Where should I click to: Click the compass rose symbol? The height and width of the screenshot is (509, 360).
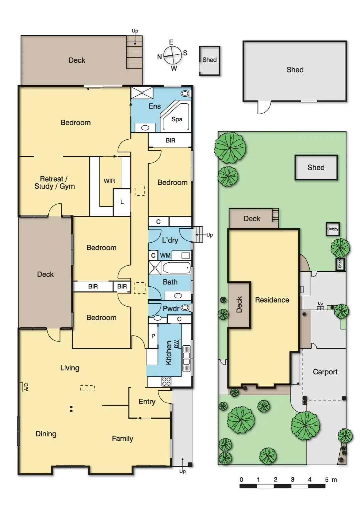click(x=172, y=55)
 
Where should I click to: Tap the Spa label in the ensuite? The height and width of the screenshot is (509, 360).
click(x=177, y=119)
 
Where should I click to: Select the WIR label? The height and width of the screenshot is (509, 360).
click(x=109, y=181)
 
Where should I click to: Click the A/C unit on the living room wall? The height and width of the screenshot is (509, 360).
click(x=22, y=387)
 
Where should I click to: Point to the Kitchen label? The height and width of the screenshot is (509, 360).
click(x=168, y=353)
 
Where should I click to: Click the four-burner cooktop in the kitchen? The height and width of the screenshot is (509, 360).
click(x=166, y=382)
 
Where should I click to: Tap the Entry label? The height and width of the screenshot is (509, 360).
click(x=147, y=402)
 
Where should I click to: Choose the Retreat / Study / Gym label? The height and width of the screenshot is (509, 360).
click(x=54, y=183)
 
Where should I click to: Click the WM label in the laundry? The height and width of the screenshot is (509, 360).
click(x=165, y=255)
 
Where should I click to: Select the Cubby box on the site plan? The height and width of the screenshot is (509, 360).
click(x=333, y=229)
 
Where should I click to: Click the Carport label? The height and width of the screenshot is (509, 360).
click(x=325, y=372)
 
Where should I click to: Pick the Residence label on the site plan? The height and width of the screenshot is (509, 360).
click(x=272, y=300)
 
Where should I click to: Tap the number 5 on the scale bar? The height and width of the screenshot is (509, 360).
click(x=327, y=480)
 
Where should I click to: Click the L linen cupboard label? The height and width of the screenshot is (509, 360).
click(x=122, y=202)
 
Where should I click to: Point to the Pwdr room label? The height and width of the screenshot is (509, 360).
click(x=171, y=309)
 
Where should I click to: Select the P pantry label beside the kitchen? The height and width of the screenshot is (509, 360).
click(x=153, y=336)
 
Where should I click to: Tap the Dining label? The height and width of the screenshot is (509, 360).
click(x=46, y=434)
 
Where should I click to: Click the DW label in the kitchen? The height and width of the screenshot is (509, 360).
click(x=176, y=344)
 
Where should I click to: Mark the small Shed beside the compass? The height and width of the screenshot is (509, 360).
click(x=210, y=60)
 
